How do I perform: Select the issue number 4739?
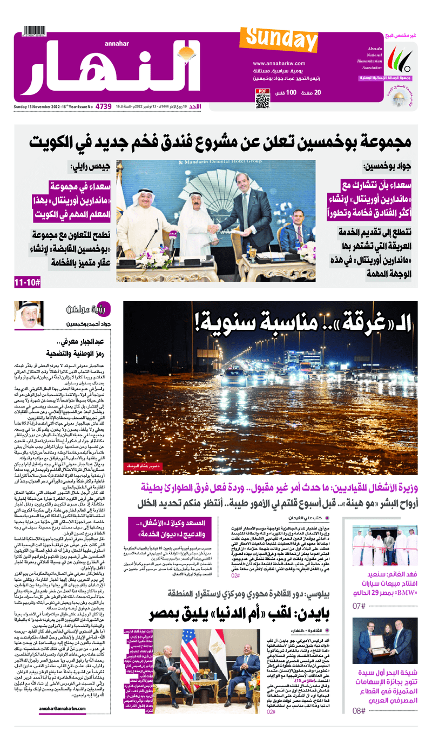(x=103, y=106)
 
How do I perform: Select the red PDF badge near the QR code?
(x=262, y=91)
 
